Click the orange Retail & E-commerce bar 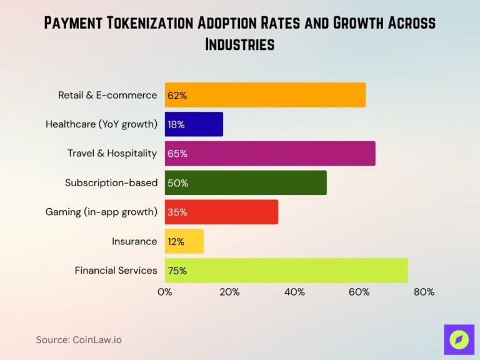[265, 95]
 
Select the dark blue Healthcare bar [194, 124]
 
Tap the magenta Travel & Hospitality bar [270, 153]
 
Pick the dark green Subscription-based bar [246, 182]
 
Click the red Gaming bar [221, 212]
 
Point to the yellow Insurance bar [184, 241]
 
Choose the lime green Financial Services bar [286, 271]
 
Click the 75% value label [177, 271]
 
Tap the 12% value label [177, 241]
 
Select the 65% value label [177, 153]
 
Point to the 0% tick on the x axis [165, 292]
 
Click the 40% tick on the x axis [294, 292]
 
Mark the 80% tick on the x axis [424, 292]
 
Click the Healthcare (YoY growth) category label [101, 124]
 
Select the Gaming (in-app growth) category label [101, 212]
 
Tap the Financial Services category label [116, 271]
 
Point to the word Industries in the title [240, 45]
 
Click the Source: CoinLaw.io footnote [79, 340]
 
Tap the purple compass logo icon [459, 339]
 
